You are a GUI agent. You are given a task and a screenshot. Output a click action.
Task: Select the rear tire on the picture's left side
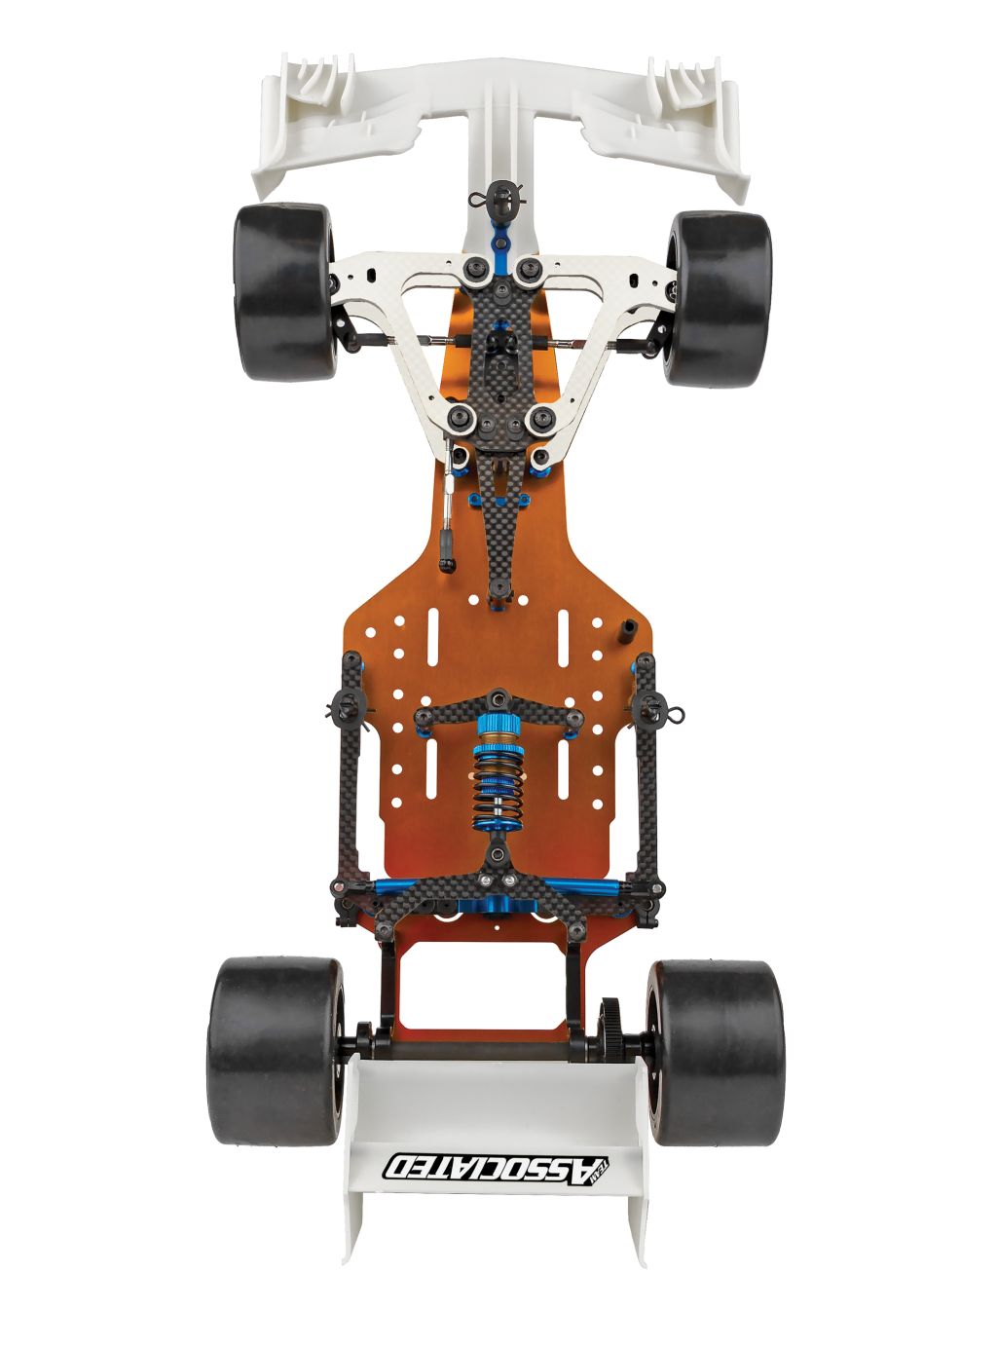click(273, 1049)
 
